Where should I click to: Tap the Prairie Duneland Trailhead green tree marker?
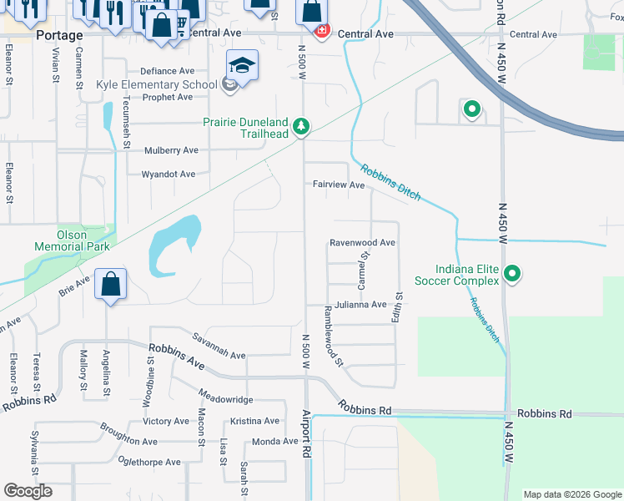pyautogui.click(x=301, y=127)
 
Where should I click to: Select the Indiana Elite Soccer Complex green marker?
pyautogui.click(x=514, y=273)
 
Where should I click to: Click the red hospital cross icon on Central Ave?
pyautogui.click(x=321, y=31)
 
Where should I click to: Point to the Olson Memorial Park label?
pyautogui.click(x=72, y=240)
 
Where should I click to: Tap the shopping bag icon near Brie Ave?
pyautogui.click(x=110, y=284)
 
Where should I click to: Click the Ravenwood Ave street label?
pyautogui.click(x=361, y=243)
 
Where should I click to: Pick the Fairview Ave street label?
pyautogui.click(x=339, y=185)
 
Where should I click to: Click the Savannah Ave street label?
pyautogui.click(x=218, y=355)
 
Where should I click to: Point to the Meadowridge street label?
pyautogui.click(x=225, y=399)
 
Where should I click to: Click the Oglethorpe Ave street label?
pyautogui.click(x=149, y=462)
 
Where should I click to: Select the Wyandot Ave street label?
pyautogui.click(x=168, y=175)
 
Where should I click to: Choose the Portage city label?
pyautogui.click(x=59, y=36)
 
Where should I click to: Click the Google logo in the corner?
pyautogui.click(x=28, y=491)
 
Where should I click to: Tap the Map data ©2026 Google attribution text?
pyautogui.click(x=571, y=494)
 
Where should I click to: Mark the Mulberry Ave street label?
pyautogui.click(x=171, y=150)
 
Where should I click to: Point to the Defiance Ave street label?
pyautogui.click(x=167, y=72)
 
